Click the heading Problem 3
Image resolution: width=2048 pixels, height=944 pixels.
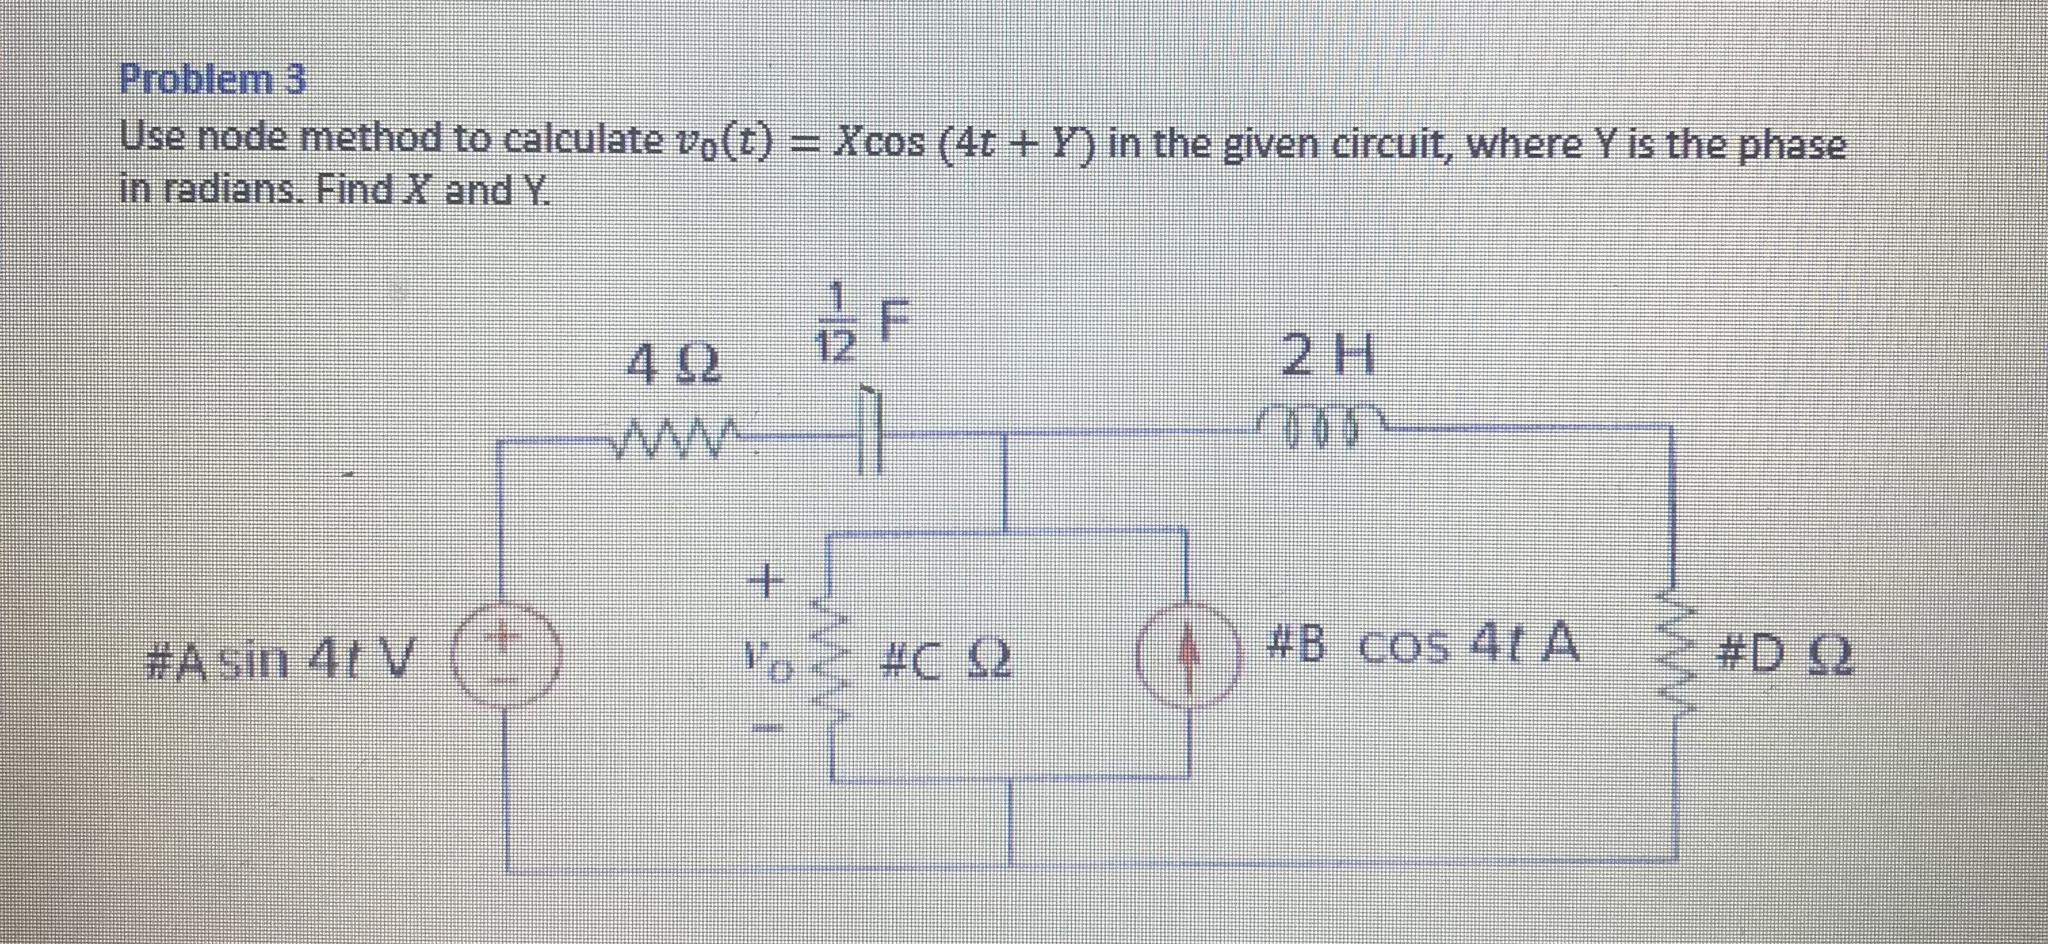(x=212, y=81)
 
